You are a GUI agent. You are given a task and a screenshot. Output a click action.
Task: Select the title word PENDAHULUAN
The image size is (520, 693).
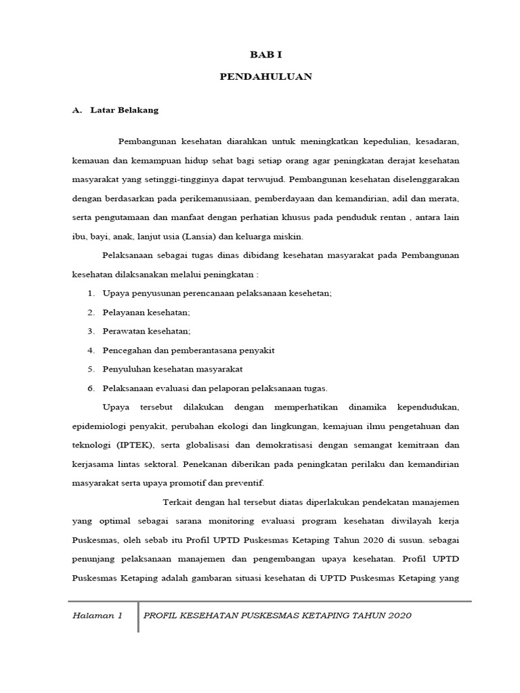[x=266, y=76]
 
